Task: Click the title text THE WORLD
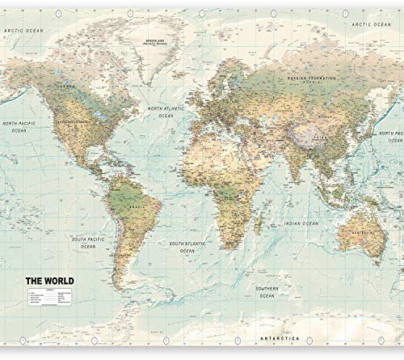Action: pyautogui.click(x=50, y=281)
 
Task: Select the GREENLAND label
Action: pyautogui.click(x=151, y=40)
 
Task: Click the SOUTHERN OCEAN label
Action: pyautogui.click(x=267, y=291)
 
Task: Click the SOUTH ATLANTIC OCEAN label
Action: pyautogui.click(x=187, y=247)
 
